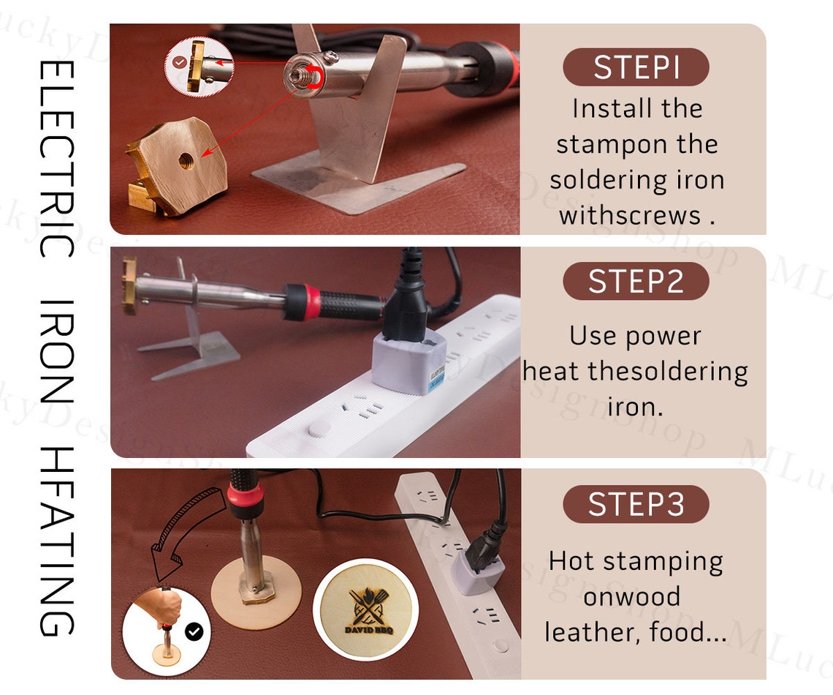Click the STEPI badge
click(x=636, y=67)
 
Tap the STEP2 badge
click(x=636, y=281)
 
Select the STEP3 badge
click(x=636, y=503)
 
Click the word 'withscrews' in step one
click(x=630, y=215)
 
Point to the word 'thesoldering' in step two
click(x=668, y=372)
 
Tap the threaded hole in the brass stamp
click(x=186, y=159)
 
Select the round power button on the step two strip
click(x=319, y=428)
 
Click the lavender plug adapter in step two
click(x=408, y=364)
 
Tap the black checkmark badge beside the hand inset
click(x=194, y=632)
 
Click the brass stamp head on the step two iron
click(x=129, y=285)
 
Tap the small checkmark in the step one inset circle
click(x=180, y=62)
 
